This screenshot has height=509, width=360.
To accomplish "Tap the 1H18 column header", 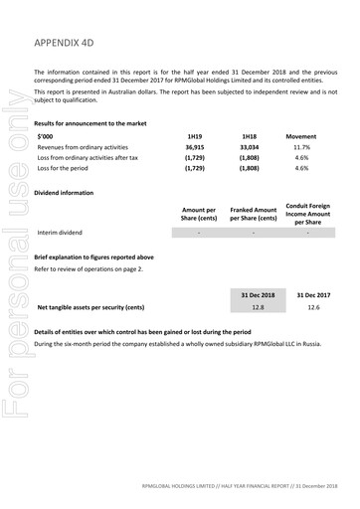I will [249, 134].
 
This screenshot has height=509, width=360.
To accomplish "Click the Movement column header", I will [301, 134].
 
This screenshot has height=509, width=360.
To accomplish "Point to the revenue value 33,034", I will [249, 146].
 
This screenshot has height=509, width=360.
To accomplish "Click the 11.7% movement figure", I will [301, 146].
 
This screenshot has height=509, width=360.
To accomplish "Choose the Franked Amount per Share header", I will [253, 213].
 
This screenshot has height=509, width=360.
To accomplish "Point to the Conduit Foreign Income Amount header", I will [307, 213].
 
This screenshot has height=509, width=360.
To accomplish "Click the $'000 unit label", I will [46, 134].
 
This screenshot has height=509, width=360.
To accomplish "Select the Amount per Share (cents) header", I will [198, 213].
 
